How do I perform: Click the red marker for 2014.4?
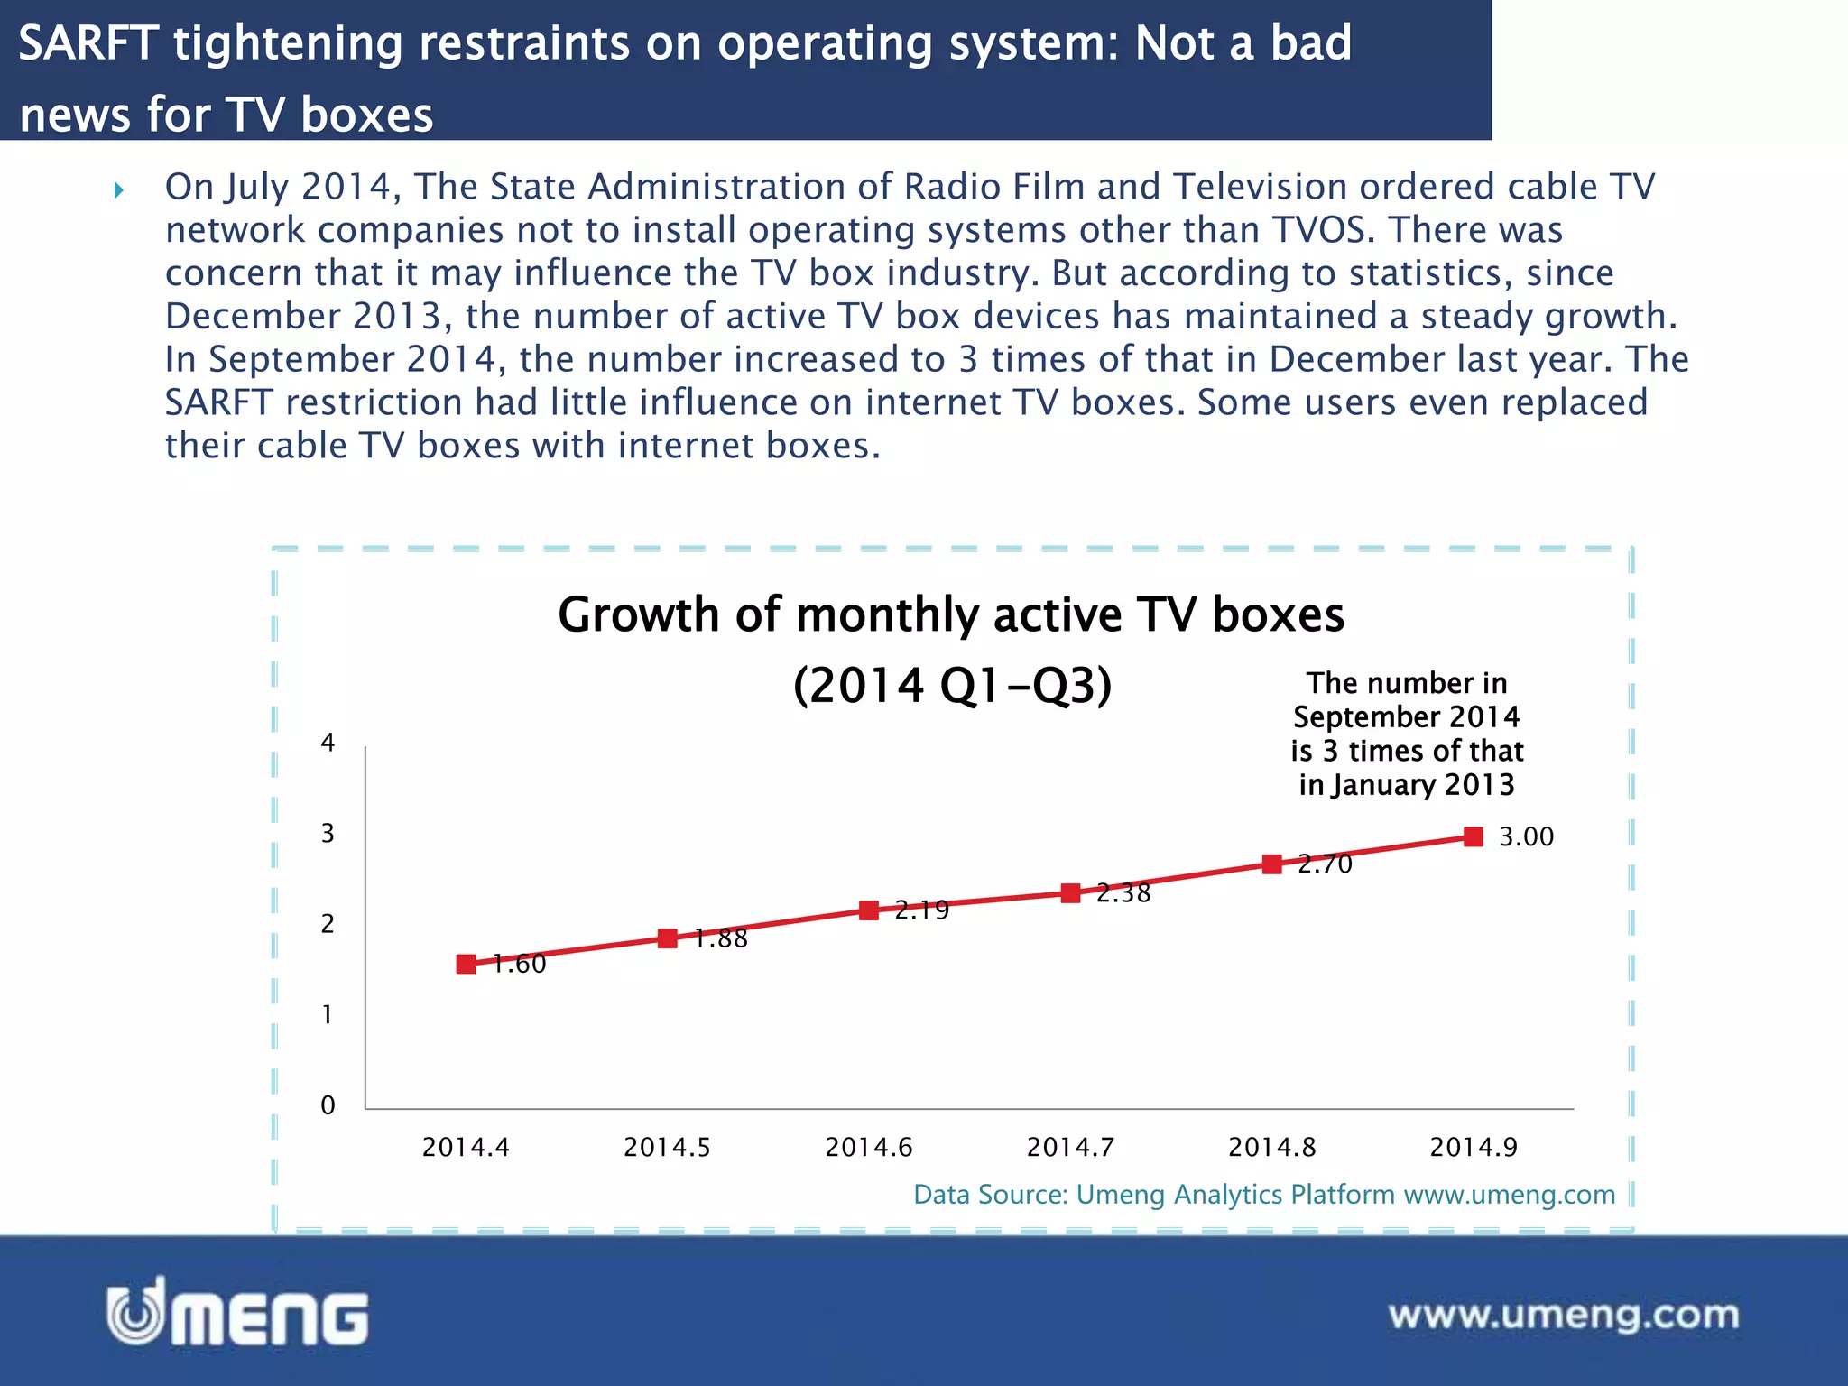coord(466,964)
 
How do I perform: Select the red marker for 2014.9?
coord(1474,836)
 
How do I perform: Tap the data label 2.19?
coord(922,910)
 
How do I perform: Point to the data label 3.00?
coord(1526,836)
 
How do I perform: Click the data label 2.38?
coord(1123,893)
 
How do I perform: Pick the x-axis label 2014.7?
coord(1070,1147)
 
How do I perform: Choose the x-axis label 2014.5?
coord(667,1147)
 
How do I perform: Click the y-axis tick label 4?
coord(328,743)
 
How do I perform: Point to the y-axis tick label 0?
coord(328,1105)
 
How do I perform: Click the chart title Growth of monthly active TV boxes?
coord(951,614)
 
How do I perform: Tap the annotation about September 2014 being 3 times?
coord(1406,734)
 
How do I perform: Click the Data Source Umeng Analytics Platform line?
coord(1263,1194)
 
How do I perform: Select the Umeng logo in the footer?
coord(237,1313)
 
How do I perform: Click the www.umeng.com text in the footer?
coord(1563,1315)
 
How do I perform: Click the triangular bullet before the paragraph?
coord(119,189)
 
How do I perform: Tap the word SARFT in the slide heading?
coord(88,43)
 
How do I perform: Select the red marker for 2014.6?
coord(869,910)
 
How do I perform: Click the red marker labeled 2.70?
coord(1272,864)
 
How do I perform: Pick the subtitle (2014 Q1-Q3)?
coord(952,685)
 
